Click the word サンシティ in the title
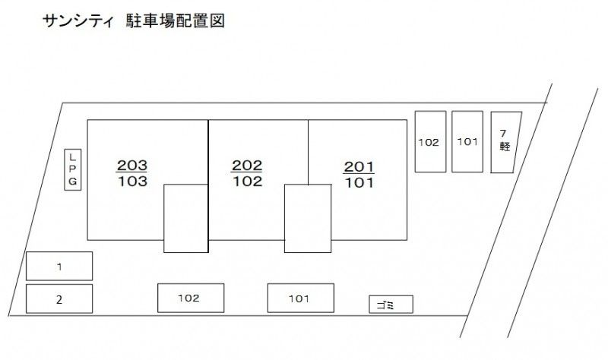pyautogui.click(x=78, y=21)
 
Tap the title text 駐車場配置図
pyautogui.click(x=176, y=21)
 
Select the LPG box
pyautogui.click(x=72, y=169)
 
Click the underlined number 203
pyautogui.click(x=131, y=166)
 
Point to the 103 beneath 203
pyautogui.click(x=132, y=181)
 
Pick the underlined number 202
pyautogui.click(x=246, y=166)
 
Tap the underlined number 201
pyautogui.click(x=359, y=167)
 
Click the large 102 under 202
pyautogui.click(x=248, y=181)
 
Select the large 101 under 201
pyautogui.click(x=359, y=182)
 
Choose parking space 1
pyautogui.click(x=59, y=267)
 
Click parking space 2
pyautogui.click(x=59, y=298)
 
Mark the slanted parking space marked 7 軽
pyautogui.click(x=505, y=142)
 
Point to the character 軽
pyautogui.click(x=505, y=146)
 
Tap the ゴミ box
pyautogui.click(x=391, y=305)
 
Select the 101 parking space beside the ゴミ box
pyautogui.click(x=300, y=298)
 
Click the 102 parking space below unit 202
pyautogui.click(x=191, y=298)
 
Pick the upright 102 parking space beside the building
pyautogui.click(x=430, y=141)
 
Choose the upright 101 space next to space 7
pyautogui.click(x=467, y=141)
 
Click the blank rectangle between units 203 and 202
pyautogui.click(x=185, y=219)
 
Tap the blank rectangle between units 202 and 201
pyautogui.click(x=308, y=219)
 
